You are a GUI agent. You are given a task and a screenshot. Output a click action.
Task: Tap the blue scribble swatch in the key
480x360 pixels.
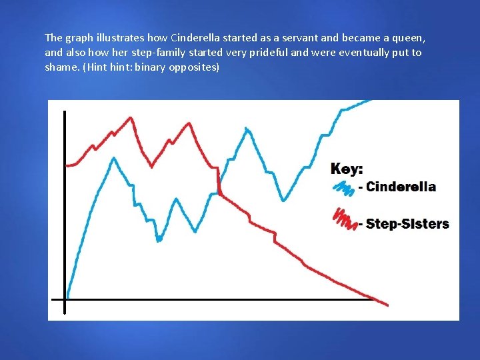point(343,189)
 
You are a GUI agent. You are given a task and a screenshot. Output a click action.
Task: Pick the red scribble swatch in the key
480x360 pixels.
point(345,219)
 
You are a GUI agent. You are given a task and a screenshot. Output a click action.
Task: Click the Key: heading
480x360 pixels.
point(347,169)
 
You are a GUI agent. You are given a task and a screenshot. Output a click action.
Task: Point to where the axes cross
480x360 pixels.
point(65,299)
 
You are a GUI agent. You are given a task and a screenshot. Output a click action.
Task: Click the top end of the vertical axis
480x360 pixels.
point(65,112)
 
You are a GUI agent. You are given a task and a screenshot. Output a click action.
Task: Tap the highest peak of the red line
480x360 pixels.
point(131,119)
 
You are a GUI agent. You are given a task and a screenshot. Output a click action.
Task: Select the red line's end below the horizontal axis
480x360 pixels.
point(387,305)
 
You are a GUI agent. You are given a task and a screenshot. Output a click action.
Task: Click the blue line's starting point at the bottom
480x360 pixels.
point(68,296)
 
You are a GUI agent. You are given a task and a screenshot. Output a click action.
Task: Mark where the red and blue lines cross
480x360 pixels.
point(219,193)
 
